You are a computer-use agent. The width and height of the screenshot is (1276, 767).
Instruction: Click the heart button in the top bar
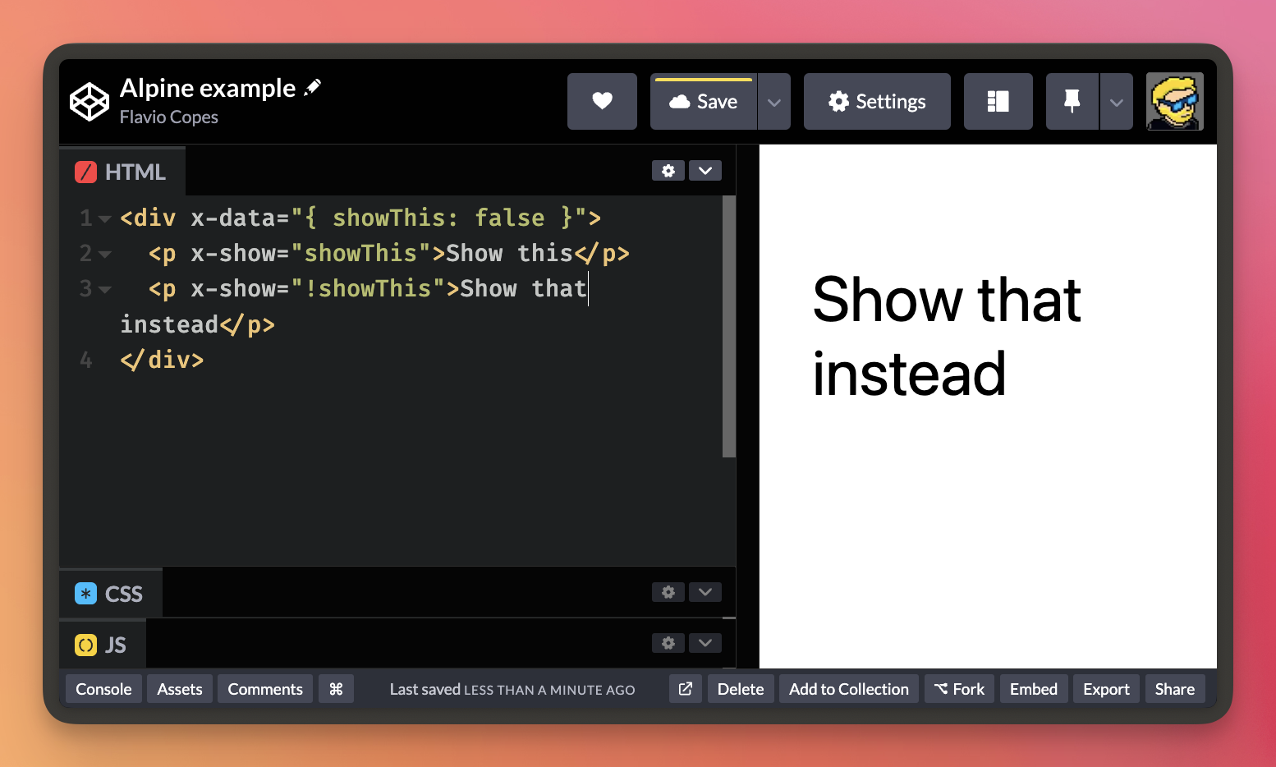(x=602, y=102)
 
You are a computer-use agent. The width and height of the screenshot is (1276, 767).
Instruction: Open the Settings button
(x=877, y=102)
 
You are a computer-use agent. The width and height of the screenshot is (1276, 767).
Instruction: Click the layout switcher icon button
(x=998, y=102)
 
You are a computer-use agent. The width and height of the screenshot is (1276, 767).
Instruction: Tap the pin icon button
(x=1072, y=102)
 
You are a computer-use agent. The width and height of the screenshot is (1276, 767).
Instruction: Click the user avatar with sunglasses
(x=1175, y=102)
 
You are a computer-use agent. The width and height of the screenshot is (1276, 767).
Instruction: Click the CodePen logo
(x=89, y=102)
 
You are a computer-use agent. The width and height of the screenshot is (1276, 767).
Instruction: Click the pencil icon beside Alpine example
(x=313, y=88)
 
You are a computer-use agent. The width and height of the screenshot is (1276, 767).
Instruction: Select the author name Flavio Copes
(x=168, y=117)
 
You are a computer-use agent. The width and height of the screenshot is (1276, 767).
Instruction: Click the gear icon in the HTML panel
(x=668, y=170)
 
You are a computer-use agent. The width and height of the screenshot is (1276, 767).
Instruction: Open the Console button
(x=103, y=689)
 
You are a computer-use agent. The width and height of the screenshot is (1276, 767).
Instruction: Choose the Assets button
(x=180, y=689)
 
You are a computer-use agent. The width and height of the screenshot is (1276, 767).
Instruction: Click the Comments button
(x=265, y=689)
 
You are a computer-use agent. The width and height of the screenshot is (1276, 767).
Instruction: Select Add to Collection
(x=849, y=689)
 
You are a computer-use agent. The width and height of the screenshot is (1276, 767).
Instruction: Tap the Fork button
(x=959, y=689)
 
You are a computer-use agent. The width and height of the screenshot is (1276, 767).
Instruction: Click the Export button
(x=1106, y=689)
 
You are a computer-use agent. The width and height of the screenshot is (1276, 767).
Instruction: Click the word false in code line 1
(x=510, y=218)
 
